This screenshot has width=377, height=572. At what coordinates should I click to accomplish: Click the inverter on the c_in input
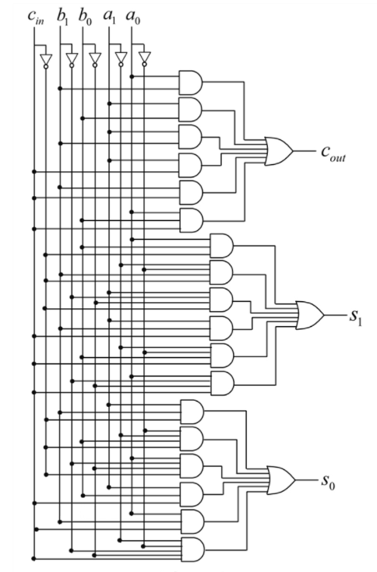(x=46, y=59)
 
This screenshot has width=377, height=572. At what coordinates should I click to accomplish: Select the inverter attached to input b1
(x=71, y=59)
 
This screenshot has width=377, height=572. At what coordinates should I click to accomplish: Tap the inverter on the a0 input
(x=143, y=59)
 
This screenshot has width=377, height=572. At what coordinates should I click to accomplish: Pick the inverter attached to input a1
(x=120, y=59)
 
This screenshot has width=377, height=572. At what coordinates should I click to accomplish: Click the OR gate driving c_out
(x=279, y=150)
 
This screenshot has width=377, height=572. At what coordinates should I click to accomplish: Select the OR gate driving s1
(x=309, y=314)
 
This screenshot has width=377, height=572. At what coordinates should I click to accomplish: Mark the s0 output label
(x=329, y=481)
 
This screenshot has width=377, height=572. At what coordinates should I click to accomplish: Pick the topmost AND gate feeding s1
(x=221, y=245)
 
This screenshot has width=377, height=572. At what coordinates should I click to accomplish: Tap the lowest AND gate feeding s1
(x=221, y=383)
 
